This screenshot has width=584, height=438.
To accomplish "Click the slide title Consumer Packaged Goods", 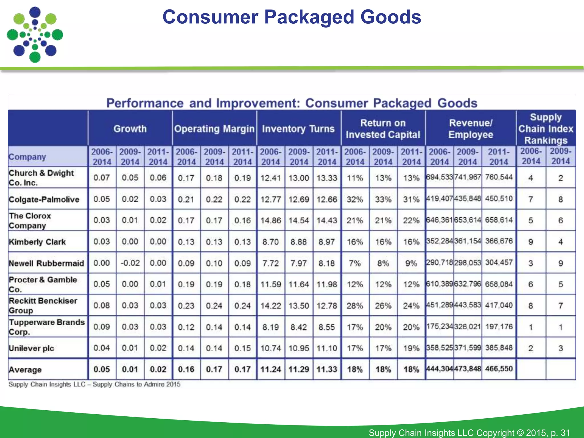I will coord(291,17).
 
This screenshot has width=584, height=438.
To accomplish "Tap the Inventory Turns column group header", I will coord(298,129).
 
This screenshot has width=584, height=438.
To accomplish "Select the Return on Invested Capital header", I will coord(383,129).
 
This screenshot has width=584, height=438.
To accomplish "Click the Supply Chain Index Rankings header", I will coord(546,129).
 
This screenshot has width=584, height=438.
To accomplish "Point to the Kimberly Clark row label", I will coord(37,242).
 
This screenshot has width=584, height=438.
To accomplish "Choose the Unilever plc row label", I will coord(31,348).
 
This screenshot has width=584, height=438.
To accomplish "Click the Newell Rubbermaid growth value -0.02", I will coord(130,263).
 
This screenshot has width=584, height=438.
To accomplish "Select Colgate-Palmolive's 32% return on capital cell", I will coord(355,199).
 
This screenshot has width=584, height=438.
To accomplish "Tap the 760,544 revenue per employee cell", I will coord(499,177).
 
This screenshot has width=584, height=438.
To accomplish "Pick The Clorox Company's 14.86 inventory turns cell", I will coord(271,220).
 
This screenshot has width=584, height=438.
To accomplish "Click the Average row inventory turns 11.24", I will coord(271,369).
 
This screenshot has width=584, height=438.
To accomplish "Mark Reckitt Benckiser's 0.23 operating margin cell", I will coord(186,305).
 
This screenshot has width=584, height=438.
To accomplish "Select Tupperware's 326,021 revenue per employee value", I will coord(468,327).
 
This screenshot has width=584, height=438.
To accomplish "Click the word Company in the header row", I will coord(27,157).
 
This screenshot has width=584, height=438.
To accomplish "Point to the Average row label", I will coord(25,370).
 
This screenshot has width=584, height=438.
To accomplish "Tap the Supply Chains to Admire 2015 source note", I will coord(94,384).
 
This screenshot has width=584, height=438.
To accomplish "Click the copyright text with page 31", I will coord(469,432).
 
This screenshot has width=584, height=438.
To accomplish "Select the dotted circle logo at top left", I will coord(35,35).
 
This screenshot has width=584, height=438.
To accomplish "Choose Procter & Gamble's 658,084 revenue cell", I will coord(499,284).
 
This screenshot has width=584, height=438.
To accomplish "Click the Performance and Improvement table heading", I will coord(292,103).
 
